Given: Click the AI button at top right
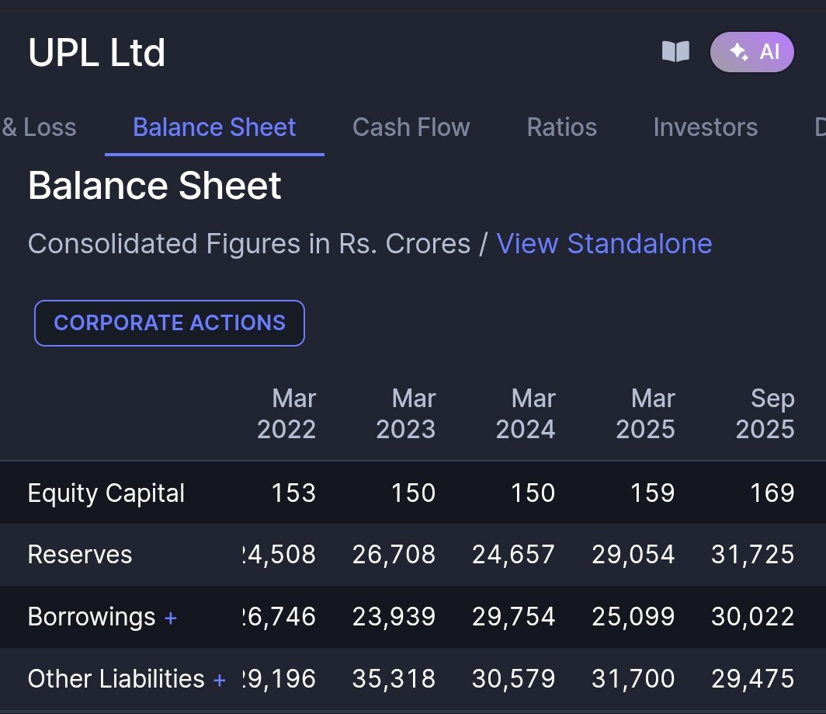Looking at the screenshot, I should (751, 52).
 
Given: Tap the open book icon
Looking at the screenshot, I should (675, 52).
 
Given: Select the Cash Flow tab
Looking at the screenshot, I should (411, 127).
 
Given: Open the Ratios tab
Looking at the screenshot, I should (561, 127).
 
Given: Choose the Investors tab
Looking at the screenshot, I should (705, 127).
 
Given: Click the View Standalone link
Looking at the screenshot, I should (604, 244).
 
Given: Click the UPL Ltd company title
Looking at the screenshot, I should (96, 53).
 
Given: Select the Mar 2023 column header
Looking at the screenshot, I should (406, 414).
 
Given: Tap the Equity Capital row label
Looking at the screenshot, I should (106, 493).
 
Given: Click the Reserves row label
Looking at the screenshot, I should (80, 555).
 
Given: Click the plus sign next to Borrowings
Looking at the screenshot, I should (171, 618).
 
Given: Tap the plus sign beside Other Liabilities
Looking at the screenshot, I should (220, 680).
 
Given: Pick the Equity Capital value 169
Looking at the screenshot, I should (772, 493).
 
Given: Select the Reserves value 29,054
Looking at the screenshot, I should (633, 555).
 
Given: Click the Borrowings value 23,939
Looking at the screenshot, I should (394, 617).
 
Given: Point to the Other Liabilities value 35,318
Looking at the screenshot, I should (394, 679).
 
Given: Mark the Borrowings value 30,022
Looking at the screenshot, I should (752, 617).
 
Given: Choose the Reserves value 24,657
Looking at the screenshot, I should (513, 555).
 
